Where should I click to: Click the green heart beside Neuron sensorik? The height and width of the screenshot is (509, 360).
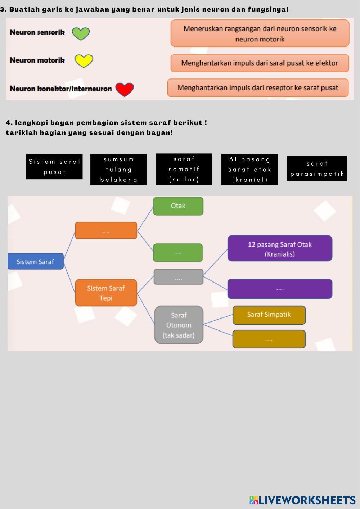tap(81, 33)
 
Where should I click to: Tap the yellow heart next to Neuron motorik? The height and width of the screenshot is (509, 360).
tap(84, 61)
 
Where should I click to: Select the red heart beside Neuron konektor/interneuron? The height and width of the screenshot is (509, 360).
tap(125, 89)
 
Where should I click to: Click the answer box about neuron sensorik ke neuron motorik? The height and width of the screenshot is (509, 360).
tap(260, 33)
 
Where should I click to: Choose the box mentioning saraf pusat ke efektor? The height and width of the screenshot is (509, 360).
tap(260, 63)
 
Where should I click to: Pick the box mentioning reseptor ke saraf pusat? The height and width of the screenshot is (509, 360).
tap(258, 88)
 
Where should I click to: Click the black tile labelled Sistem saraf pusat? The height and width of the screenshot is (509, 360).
tap(54, 167)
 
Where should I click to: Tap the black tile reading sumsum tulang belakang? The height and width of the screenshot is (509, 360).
tap(118, 170)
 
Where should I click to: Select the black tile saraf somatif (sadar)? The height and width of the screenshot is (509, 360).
tap(184, 169)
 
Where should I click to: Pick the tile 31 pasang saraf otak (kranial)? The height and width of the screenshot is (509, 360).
tap(249, 170)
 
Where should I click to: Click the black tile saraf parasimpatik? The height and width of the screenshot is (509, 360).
tap(317, 168)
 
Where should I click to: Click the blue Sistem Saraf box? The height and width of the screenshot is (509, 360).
tap(35, 262)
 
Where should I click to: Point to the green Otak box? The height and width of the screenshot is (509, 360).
tap(178, 206)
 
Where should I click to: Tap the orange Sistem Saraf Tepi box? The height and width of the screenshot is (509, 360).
tap(106, 293)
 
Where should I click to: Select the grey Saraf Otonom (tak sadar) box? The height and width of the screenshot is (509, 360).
tap(179, 325)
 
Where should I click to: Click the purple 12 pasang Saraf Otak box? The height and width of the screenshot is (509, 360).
tap(280, 249)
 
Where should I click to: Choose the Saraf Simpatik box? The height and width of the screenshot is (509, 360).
tap(269, 315)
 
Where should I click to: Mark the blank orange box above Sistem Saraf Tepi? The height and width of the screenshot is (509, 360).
tap(106, 230)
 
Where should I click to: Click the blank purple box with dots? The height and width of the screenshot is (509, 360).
tap(280, 289)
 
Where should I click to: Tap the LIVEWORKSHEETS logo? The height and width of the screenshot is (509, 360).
tap(302, 500)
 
